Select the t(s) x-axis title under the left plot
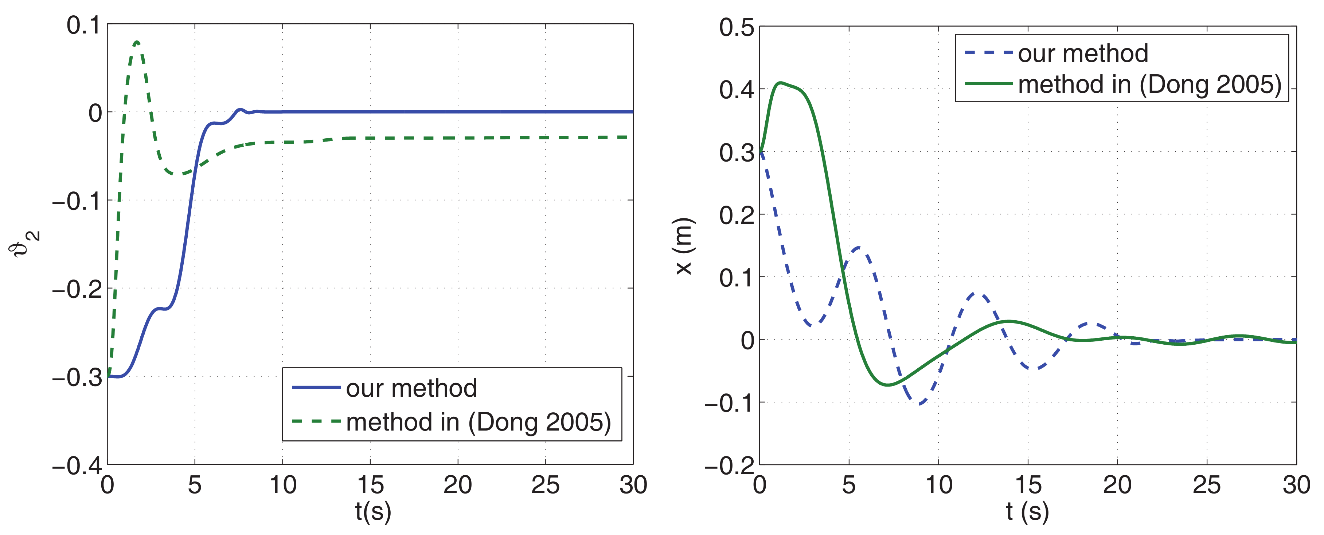click(372, 511)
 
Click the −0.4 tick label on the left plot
click(77, 466)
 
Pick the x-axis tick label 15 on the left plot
click(370, 485)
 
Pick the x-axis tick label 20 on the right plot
click(1117, 485)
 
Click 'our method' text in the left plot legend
click(411, 388)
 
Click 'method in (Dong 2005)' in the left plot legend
click(478, 422)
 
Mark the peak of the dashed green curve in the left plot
click(136, 42)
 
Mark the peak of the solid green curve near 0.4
click(781, 83)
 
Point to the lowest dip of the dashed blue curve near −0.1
click(920, 404)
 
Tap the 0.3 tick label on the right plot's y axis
click(736, 153)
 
